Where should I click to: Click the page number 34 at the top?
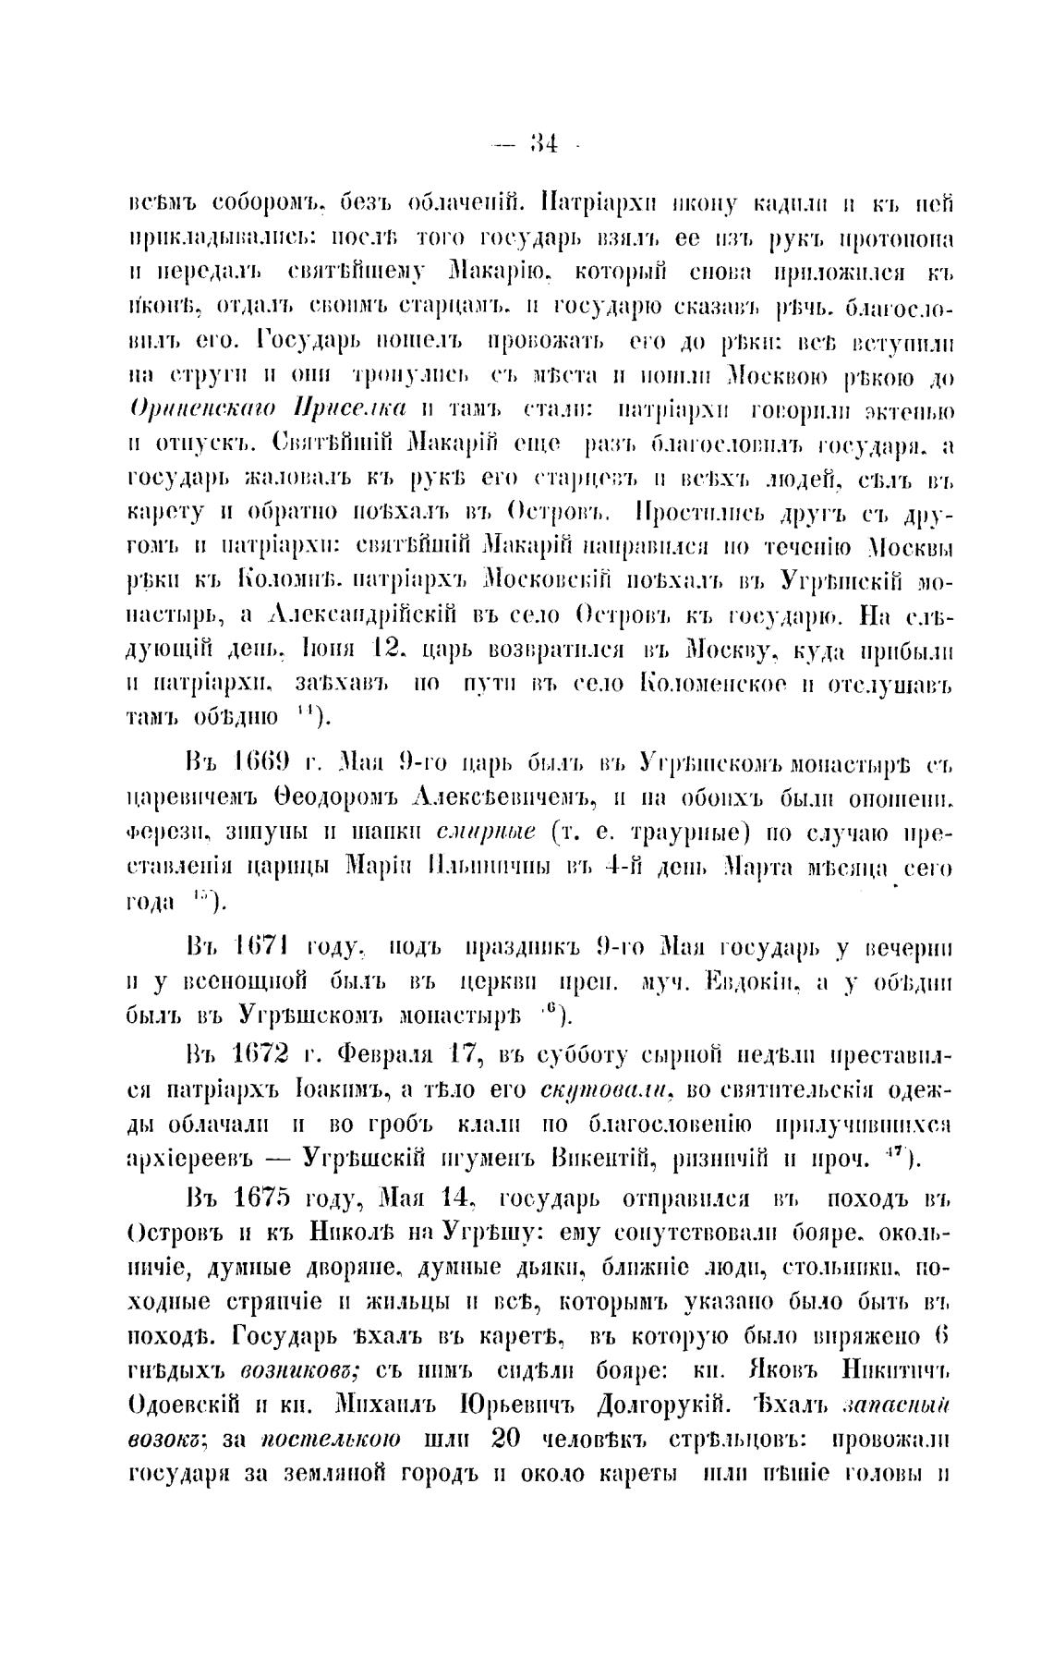pos(539,143)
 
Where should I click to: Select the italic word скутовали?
pos(604,1088)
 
